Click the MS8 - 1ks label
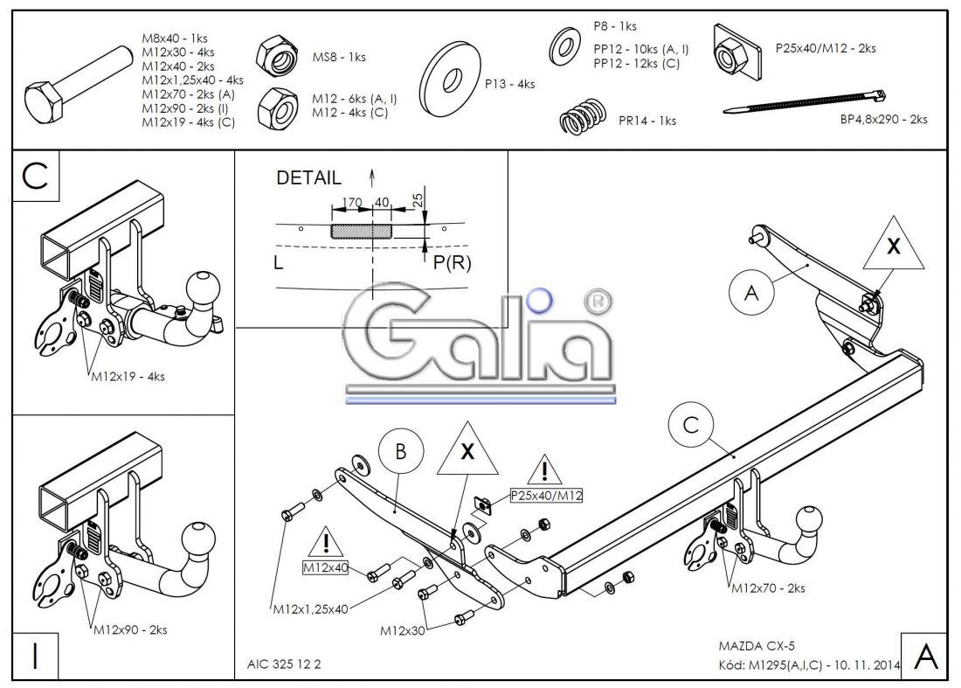[339, 58]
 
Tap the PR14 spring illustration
[582, 118]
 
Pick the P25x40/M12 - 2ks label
[825, 48]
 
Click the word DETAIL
[308, 178]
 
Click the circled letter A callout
[751, 295]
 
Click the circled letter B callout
[401, 452]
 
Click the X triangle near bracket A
[892, 249]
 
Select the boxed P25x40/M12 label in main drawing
[547, 496]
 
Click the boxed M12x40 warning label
[325, 567]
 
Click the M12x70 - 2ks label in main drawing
[768, 589]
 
